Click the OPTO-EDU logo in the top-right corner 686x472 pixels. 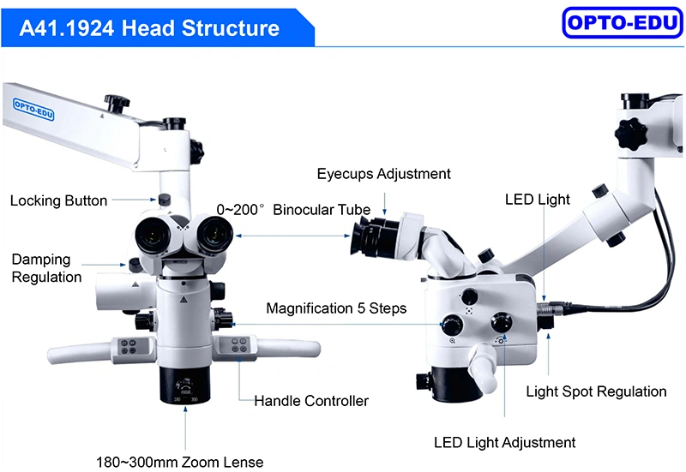coord(623,23)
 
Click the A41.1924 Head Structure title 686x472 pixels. coord(149,28)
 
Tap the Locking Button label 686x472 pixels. coord(58,200)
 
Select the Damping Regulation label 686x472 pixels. coord(46,268)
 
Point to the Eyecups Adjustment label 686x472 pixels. coord(383,174)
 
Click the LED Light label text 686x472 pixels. coord(538,200)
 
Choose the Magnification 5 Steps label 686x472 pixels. coord(336,308)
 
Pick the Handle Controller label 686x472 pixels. coord(311,401)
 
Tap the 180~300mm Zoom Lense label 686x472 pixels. coord(180,462)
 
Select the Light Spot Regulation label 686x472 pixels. coord(596,391)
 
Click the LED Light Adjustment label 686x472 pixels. coord(504,443)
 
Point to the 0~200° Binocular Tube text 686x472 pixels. coord(293,210)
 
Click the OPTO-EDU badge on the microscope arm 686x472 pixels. coord(33,110)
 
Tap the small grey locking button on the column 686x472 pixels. coord(164,200)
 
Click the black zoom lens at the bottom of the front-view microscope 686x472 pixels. coord(184,385)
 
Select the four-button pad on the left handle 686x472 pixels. coord(129,347)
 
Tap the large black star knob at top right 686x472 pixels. coord(630,134)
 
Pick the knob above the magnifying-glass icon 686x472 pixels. coord(453,326)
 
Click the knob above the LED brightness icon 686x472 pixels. coord(502,323)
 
